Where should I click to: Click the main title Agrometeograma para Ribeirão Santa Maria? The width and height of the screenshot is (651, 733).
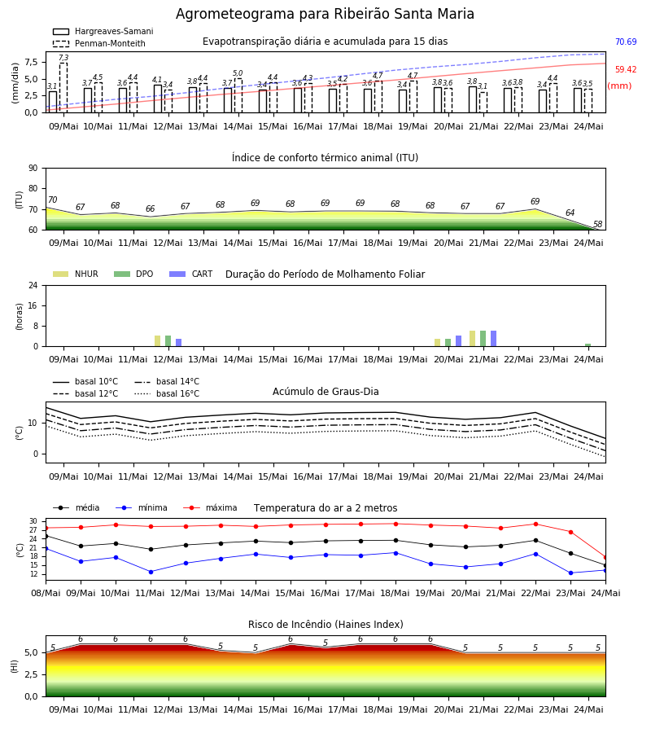pos(325,14)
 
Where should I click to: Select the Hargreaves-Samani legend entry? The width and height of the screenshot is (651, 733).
pos(103,31)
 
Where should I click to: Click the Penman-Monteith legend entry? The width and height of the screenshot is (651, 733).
pos(99,43)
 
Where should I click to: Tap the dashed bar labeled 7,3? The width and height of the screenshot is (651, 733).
pos(63,88)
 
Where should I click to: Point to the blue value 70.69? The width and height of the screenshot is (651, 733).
pos(626,42)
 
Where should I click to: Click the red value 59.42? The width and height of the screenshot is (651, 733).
pos(626,70)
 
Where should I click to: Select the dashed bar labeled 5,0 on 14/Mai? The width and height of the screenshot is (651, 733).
pos(238,96)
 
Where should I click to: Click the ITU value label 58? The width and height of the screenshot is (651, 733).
pos(598,224)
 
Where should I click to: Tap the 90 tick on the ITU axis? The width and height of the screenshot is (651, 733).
pos(33,169)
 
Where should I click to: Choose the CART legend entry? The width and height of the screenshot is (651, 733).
pos(191,274)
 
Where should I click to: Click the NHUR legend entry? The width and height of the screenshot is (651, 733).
pos(76,274)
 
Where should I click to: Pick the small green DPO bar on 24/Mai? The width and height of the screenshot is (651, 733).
pos(588,345)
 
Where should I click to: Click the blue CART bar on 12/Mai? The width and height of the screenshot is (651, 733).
pos(179,343)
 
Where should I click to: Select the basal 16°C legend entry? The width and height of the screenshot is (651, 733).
pos(167,393)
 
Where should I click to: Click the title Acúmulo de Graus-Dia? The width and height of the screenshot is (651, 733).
pos(325,391)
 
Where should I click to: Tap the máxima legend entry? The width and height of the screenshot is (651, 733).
pos(210,507)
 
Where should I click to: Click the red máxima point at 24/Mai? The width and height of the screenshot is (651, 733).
pos(605,557)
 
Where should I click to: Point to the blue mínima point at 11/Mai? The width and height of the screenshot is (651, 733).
pos(151,572)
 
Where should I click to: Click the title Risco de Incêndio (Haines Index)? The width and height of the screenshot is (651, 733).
pos(325,624)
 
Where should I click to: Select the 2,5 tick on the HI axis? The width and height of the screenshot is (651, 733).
pos(32,674)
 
